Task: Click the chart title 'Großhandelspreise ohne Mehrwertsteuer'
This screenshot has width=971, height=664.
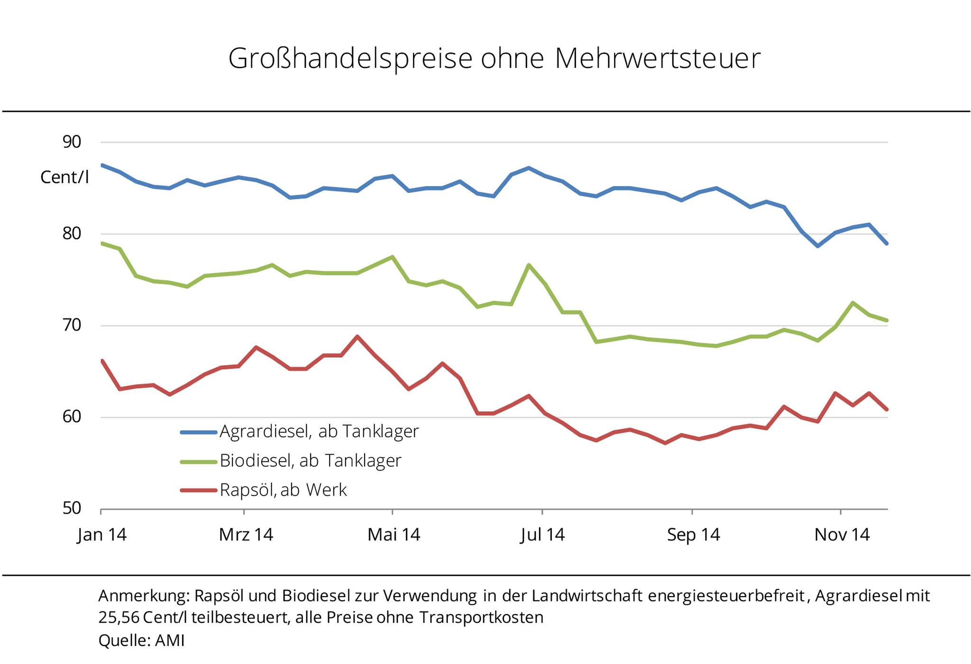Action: tap(494, 59)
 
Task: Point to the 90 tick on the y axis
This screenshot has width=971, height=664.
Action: tap(72, 142)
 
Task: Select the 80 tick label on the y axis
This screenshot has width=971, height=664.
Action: tap(72, 233)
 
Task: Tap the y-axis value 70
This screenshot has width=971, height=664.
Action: tap(72, 325)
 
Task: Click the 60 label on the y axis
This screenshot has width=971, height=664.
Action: tap(72, 417)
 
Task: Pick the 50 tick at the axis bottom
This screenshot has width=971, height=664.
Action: tap(72, 508)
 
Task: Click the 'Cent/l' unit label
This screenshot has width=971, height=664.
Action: tap(64, 177)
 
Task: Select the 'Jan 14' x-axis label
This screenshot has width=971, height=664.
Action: tap(102, 535)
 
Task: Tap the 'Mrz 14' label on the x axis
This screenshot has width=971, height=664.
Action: tap(246, 535)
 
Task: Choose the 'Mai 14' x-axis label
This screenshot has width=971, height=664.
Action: tap(394, 535)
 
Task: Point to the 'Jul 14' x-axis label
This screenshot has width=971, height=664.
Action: tap(542, 535)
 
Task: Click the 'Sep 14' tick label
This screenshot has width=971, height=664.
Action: tap(693, 535)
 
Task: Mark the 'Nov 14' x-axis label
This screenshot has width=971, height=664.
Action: tap(842, 535)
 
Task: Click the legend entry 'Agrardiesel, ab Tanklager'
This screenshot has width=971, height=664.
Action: tap(319, 432)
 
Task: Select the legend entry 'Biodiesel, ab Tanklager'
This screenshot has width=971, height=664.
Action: tap(310, 461)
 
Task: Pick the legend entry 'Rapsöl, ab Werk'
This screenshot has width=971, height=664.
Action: tap(283, 490)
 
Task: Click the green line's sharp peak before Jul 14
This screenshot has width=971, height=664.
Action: tap(528, 265)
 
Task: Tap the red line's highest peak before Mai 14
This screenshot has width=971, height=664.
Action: tap(357, 336)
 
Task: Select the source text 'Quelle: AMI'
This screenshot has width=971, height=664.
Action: tap(141, 641)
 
